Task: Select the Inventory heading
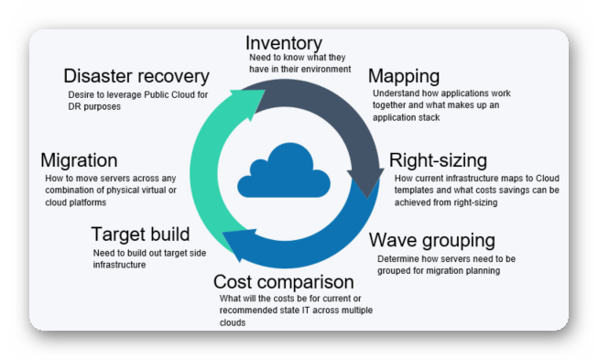[x=285, y=43]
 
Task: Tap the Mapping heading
[x=404, y=75]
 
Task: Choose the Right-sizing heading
[x=438, y=161]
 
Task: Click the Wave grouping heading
[x=432, y=241]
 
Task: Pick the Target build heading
[x=141, y=235]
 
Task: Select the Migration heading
[x=79, y=160]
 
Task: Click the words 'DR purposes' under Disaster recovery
[x=94, y=106]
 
